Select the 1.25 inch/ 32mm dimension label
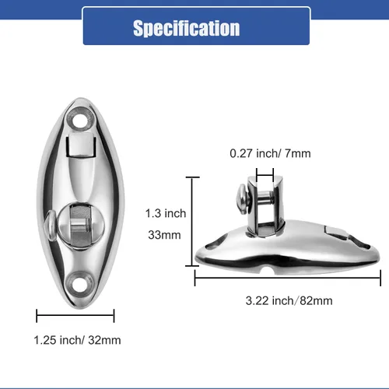coord(77,340)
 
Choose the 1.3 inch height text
coord(165,212)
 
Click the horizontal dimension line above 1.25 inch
coord(76,315)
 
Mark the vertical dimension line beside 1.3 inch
coord(192,222)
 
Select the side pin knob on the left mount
coord(48,228)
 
